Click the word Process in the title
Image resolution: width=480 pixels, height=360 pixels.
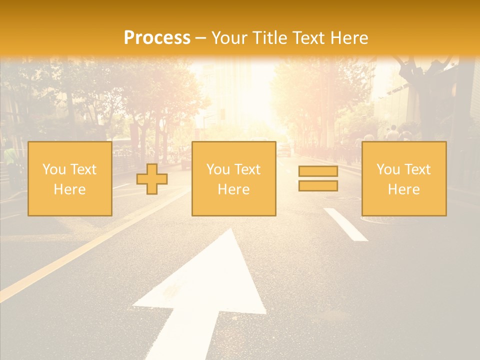coord(157,37)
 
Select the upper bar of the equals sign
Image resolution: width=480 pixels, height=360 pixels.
coord(318,171)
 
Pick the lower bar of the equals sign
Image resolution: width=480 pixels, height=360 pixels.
coord(318,185)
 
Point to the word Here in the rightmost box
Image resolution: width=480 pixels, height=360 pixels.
coord(403,189)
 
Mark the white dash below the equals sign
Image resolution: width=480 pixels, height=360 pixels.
coord(345,224)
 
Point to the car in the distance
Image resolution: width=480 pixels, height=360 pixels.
coord(284,149)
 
